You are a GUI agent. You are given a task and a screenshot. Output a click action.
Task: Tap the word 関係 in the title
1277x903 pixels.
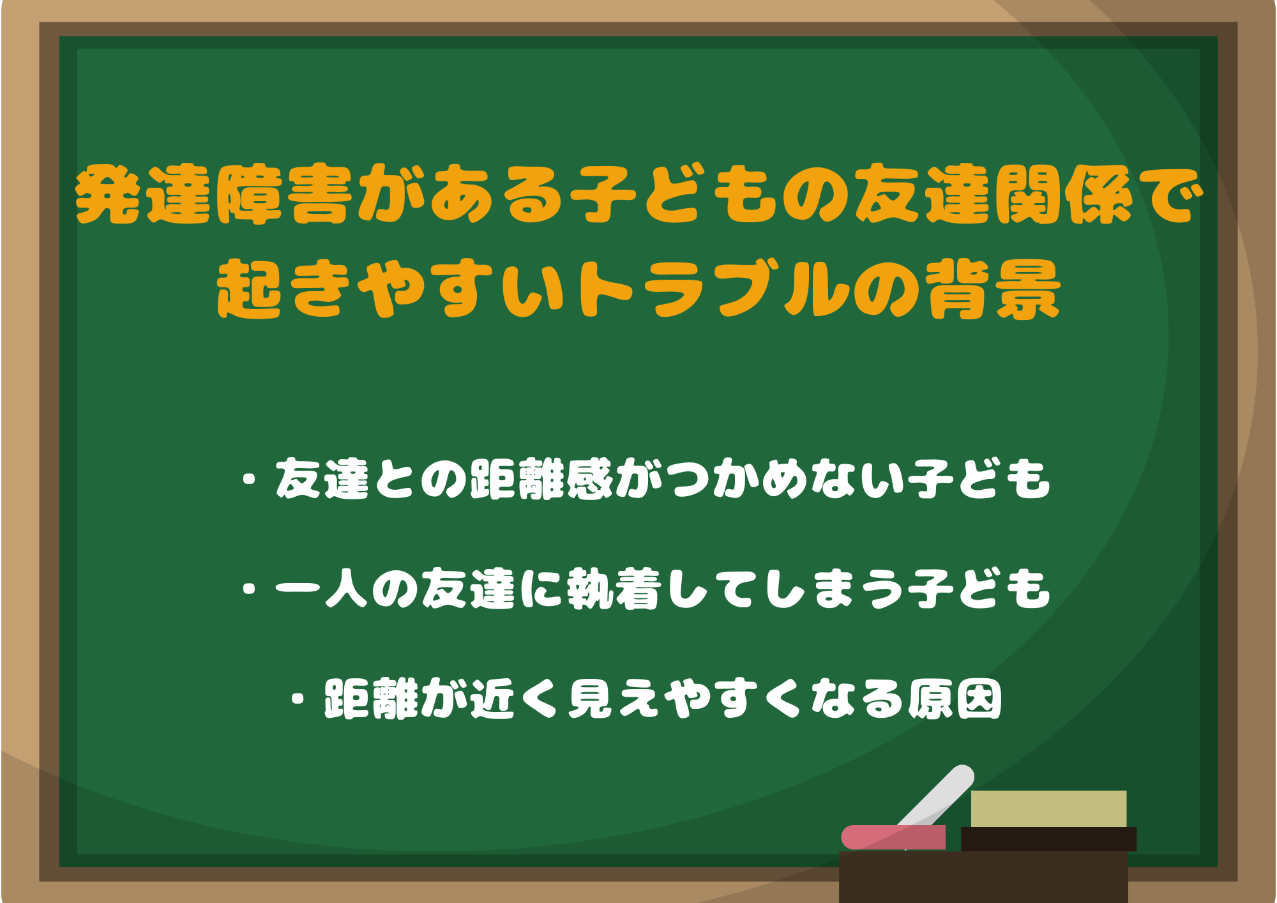[x=1064, y=194]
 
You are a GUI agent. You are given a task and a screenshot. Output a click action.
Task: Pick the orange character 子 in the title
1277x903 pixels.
[x=602, y=194]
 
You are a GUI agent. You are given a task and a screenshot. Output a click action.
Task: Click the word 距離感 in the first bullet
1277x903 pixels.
[x=541, y=478]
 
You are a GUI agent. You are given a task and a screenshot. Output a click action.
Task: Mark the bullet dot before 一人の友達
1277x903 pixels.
[x=250, y=589]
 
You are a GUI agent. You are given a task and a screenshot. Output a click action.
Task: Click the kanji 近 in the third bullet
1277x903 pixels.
[x=492, y=698]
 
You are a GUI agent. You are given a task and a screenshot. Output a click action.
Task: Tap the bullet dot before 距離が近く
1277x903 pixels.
[x=298, y=699]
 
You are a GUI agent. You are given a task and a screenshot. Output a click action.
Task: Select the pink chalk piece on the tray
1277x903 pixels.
[x=893, y=837]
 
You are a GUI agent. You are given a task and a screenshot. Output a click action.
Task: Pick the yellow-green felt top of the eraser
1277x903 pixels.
[x=1048, y=808]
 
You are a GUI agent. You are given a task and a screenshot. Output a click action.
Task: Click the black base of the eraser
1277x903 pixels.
[x=1048, y=839]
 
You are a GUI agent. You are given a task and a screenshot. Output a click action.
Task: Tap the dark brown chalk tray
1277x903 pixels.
[x=983, y=877]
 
